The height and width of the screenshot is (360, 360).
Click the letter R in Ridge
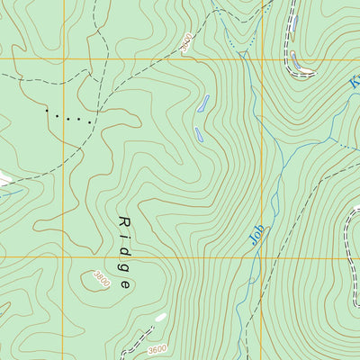[123, 221]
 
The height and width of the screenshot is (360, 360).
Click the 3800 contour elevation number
[102, 280]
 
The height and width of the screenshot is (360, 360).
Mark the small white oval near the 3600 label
[160, 317]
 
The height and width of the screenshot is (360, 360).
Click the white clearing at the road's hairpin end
[303, 68]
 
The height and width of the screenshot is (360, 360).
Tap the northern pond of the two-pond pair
[203, 103]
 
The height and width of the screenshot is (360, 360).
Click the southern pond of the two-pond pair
[198, 134]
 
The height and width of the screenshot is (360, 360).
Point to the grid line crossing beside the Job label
[262, 258]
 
